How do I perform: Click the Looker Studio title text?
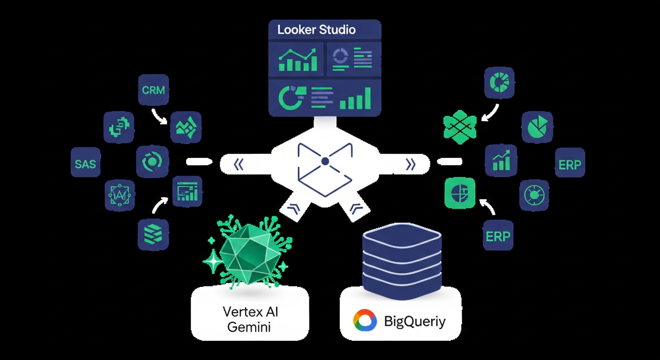pyautogui.click(x=316, y=30)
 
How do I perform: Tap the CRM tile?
pyautogui.click(x=153, y=89)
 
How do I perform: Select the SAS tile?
pyautogui.click(x=85, y=163)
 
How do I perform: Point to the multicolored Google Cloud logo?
pyautogui.click(x=365, y=321)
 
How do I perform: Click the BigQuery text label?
pyautogui.click(x=415, y=322)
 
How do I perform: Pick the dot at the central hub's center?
pyautogui.click(x=324, y=162)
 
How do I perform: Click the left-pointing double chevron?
pyautogui.click(x=239, y=164)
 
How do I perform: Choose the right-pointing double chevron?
pyautogui.click(x=411, y=164)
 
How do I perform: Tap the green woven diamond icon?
pyautogui.click(x=460, y=127)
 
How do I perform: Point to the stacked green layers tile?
pyautogui.click(x=153, y=234)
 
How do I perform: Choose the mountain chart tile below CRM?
pyautogui.click(x=186, y=127)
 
